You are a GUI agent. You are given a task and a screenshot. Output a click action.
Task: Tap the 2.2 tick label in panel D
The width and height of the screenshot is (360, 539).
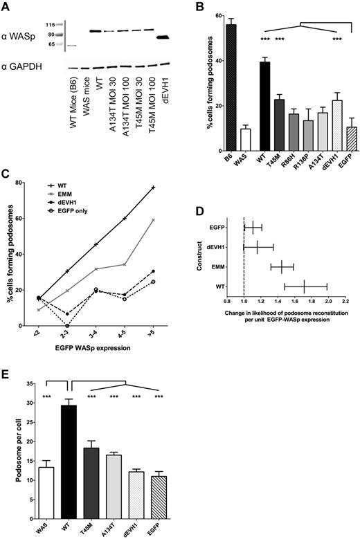pyautogui.click(x=345, y=301)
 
